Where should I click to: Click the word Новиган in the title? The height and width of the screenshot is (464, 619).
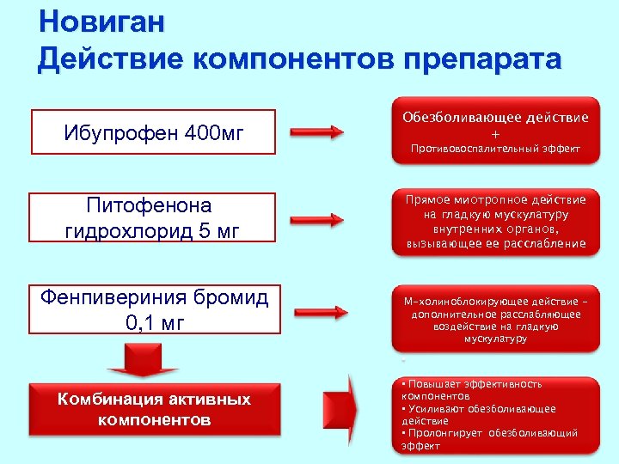(x=101, y=21)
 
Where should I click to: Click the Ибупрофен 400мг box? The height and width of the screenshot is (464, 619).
(x=153, y=133)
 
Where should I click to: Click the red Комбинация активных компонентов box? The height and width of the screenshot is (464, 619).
(x=154, y=410)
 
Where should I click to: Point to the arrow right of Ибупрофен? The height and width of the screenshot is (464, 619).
(x=317, y=133)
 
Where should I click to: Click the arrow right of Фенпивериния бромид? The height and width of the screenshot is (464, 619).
(x=317, y=310)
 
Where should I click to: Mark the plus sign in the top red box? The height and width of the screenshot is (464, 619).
(x=494, y=134)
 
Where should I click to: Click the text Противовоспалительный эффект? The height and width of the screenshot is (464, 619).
(x=494, y=150)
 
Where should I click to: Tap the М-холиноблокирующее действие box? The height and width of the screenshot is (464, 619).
(x=494, y=318)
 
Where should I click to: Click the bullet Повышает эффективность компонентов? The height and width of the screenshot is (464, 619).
(x=473, y=391)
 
